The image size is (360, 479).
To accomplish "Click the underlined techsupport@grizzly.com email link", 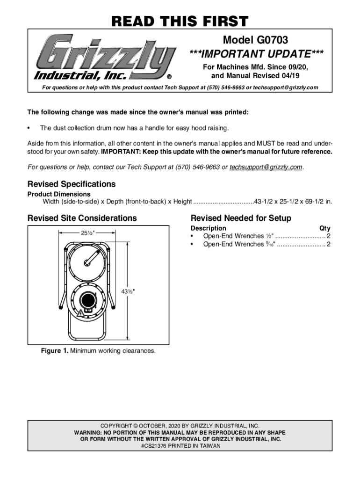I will pos(266,167).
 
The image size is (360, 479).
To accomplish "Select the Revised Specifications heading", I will pos(72,184).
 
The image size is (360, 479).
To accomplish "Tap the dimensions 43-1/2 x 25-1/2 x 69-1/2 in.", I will pos(293,202).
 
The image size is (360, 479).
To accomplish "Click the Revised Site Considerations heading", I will pos(82,218).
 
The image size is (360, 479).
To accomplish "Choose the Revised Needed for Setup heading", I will pos(241,218).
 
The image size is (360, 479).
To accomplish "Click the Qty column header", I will pos(324,228).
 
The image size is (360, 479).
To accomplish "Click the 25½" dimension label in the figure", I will pos(85,232).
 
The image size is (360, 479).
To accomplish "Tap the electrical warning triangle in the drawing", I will pos(81,312).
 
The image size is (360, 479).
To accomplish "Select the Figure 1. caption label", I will pos(55,351).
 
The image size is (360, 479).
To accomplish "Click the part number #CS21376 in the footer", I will pos(153,446).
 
